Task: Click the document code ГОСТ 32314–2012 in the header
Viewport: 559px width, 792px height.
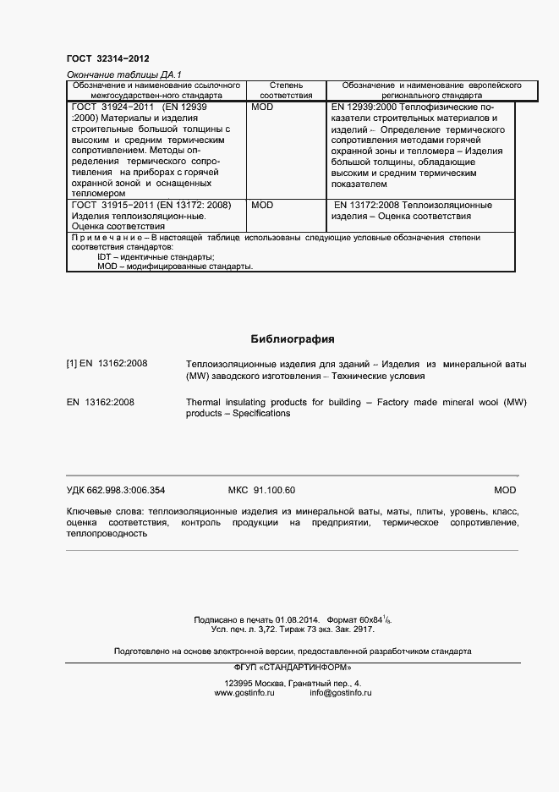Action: pyautogui.click(x=107, y=58)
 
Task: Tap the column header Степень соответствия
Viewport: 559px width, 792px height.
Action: pyautogui.click(x=285, y=91)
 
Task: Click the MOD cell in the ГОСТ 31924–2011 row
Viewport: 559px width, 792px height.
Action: pyautogui.click(x=262, y=108)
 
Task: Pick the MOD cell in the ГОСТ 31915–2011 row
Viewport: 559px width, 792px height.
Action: pyautogui.click(x=262, y=206)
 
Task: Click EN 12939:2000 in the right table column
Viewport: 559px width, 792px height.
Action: pyautogui.click(x=364, y=108)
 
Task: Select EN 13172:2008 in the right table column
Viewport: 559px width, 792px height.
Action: pyautogui.click(x=366, y=206)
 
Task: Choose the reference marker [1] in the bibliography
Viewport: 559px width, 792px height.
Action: pyautogui.click(x=72, y=364)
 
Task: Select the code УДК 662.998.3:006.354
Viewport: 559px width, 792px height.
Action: pyautogui.click(x=116, y=491)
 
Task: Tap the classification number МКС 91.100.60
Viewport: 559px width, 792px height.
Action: pyautogui.click(x=262, y=491)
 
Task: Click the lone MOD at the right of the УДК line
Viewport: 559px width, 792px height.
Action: pyautogui.click(x=504, y=491)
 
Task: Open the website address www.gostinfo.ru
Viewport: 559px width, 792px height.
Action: pyautogui.click(x=245, y=692)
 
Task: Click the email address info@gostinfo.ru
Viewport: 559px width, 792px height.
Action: pyautogui.click(x=341, y=692)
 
